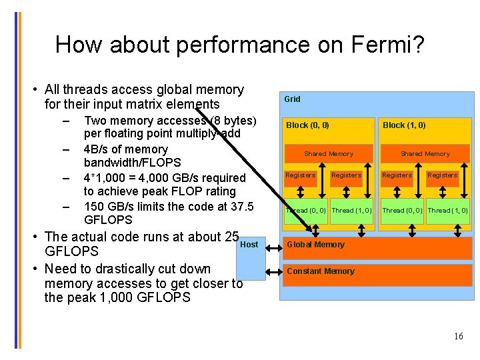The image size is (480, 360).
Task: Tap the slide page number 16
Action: click(x=458, y=336)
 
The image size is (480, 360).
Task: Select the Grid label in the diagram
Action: click(x=293, y=99)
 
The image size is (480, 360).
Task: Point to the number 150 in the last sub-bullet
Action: click(x=94, y=207)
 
